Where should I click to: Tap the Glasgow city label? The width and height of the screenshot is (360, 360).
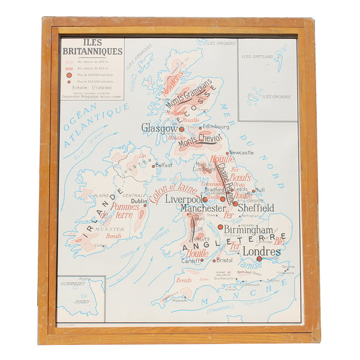(159, 127)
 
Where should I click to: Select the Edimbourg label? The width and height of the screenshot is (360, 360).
(217, 127)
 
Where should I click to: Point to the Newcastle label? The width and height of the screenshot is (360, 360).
(241, 152)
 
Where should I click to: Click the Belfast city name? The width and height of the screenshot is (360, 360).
(164, 164)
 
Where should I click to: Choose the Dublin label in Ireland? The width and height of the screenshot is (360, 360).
(139, 202)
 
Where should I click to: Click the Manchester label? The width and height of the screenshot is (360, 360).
(203, 208)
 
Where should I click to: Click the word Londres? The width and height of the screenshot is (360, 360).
(262, 252)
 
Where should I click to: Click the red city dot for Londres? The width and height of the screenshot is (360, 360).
(259, 259)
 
